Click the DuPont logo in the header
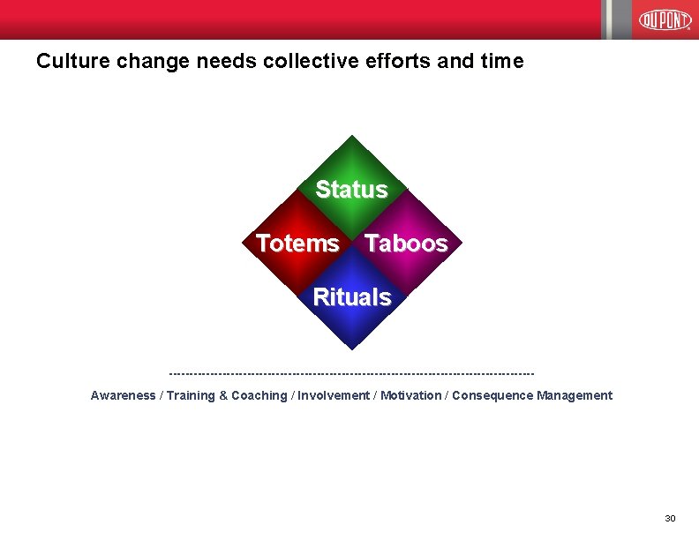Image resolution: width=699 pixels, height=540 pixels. [x=665, y=19]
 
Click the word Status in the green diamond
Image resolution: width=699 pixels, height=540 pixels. [x=351, y=190]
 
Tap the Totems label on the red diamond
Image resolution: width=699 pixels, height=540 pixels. [x=297, y=244]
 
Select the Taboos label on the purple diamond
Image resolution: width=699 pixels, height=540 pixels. [x=406, y=244]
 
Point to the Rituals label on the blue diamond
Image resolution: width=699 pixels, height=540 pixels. [x=351, y=297]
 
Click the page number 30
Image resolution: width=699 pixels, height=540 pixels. [x=670, y=518]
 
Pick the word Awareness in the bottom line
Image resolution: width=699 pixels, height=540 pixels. [x=123, y=395]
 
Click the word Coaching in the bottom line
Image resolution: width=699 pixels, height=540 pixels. [x=259, y=395]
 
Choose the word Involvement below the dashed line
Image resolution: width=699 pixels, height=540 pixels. [x=334, y=395]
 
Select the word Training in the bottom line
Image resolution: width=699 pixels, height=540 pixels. [x=190, y=395]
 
